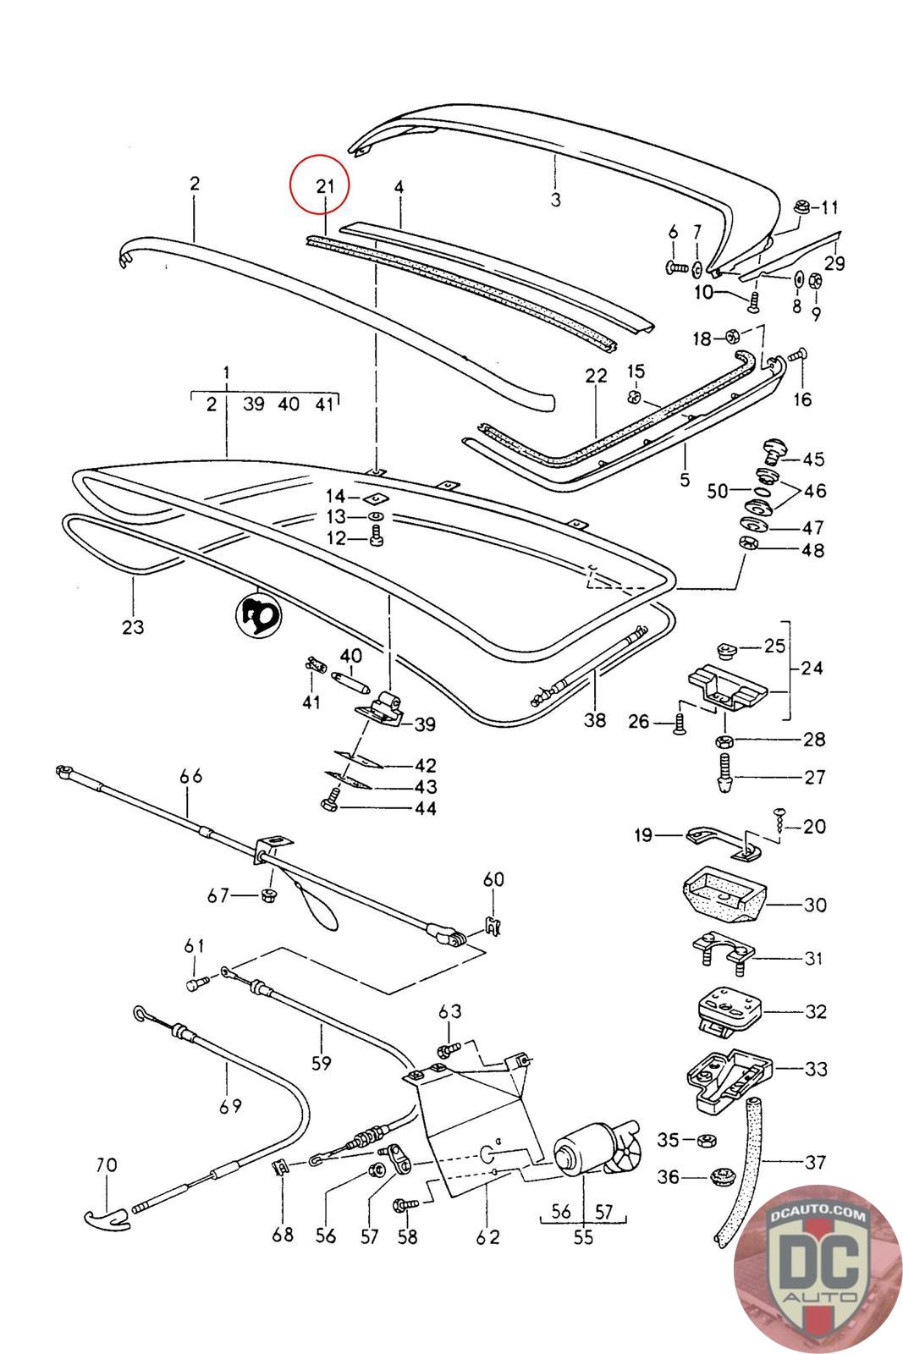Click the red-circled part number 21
coord(326,186)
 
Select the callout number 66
coord(191,775)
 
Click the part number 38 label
coord(595,720)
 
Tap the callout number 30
coord(814,905)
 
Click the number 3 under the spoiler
coord(556,200)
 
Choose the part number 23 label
coord(133,627)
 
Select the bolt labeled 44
coord(331,799)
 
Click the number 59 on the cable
coord(321,1062)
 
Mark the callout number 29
coord(834,263)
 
